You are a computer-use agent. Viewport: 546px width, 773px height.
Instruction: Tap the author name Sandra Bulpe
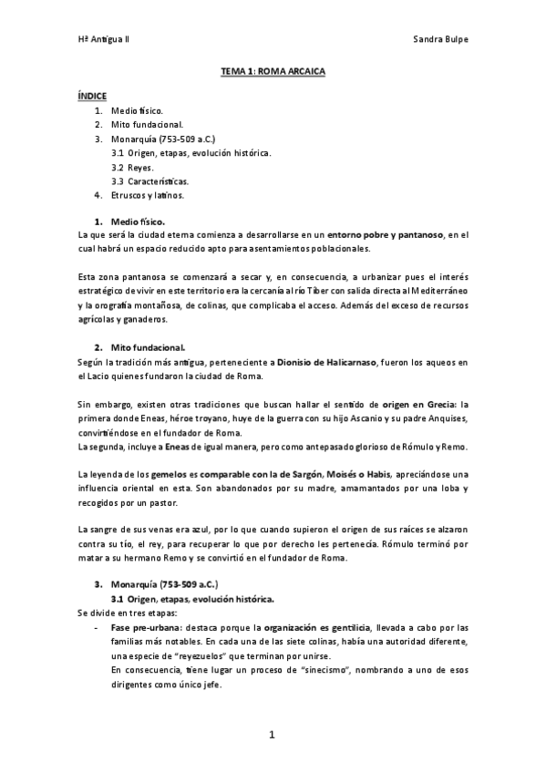coord(440,42)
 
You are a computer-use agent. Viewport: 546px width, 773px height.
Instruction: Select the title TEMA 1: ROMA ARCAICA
coord(273,70)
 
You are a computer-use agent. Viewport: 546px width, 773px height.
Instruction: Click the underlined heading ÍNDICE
coord(92,95)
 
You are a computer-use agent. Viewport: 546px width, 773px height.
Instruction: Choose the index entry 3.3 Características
coord(150,181)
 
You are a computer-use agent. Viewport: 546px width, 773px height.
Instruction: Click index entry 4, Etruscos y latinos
coord(148,195)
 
